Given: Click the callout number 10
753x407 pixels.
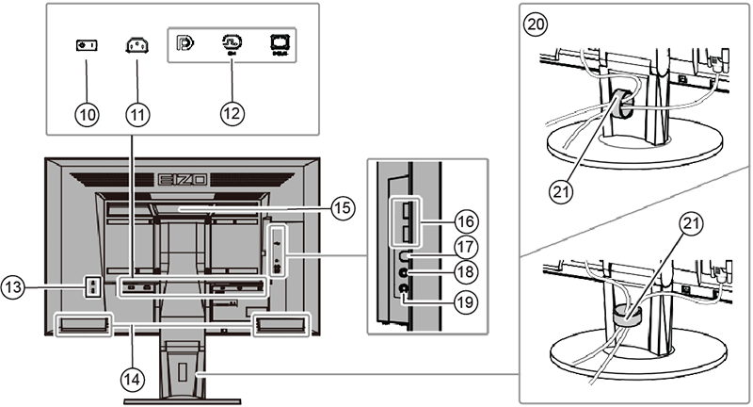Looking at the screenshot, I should (x=88, y=114).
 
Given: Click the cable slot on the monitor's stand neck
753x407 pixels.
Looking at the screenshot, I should (x=199, y=376).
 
